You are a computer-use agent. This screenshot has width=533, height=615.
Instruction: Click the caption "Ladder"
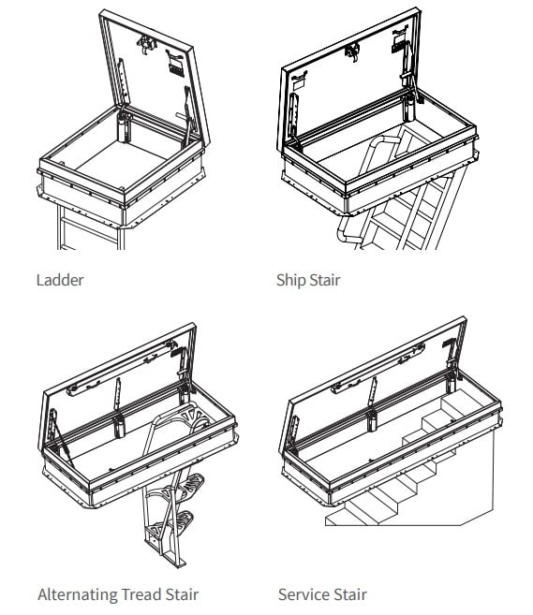pos(59,280)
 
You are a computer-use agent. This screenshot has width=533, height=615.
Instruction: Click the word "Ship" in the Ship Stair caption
pos(291,280)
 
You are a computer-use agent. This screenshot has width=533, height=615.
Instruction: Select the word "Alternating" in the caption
pos(78,594)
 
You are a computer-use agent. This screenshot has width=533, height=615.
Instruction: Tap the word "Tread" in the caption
pos(142,594)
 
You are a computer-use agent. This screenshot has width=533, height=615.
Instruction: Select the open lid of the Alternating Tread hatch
pos(112,374)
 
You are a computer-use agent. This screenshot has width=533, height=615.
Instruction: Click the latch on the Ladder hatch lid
pos(148,45)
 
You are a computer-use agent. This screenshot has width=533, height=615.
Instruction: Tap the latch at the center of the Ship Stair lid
pos(352,52)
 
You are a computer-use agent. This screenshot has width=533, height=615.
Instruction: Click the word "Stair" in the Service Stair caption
pos(349,594)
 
